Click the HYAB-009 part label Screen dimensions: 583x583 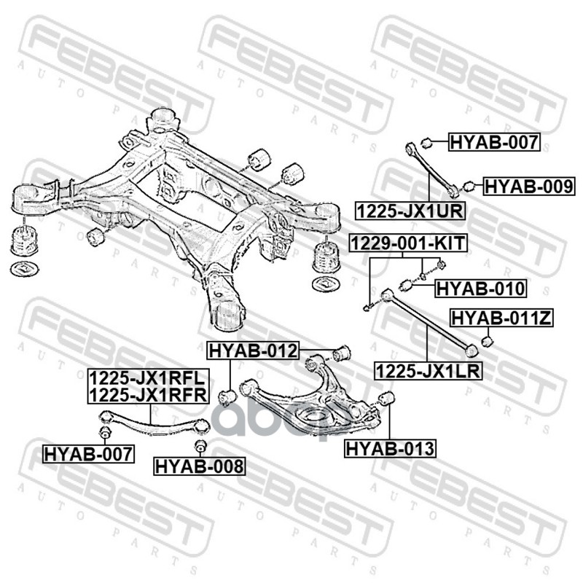point(529,187)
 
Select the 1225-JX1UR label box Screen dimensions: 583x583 point(410,211)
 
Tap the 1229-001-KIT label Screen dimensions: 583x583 point(408,243)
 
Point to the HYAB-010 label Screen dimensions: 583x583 point(481,288)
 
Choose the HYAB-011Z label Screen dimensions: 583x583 point(501,318)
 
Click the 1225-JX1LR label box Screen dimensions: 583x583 point(428,370)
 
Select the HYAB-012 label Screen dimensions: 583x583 point(253,351)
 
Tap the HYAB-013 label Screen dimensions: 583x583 point(390,448)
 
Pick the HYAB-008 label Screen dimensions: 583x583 point(200,466)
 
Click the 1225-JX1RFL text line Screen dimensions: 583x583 point(148,377)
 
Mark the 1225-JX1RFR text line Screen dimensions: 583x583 point(149,394)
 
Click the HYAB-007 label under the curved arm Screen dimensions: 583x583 point(88,453)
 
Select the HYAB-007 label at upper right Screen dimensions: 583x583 point(494,141)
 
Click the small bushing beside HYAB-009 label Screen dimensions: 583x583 point(469,186)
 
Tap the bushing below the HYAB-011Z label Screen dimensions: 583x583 point(488,340)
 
